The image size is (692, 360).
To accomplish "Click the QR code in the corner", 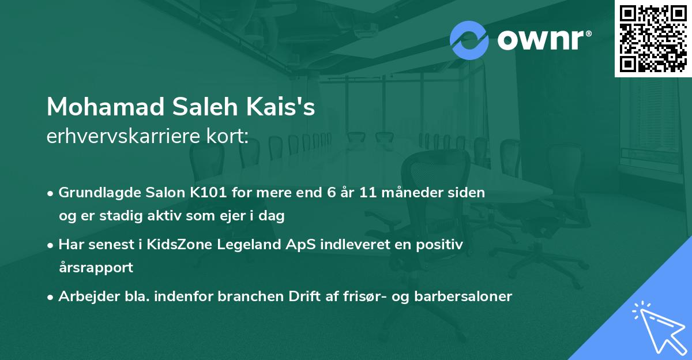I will [653, 39].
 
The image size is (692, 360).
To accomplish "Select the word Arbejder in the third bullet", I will [84, 297].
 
